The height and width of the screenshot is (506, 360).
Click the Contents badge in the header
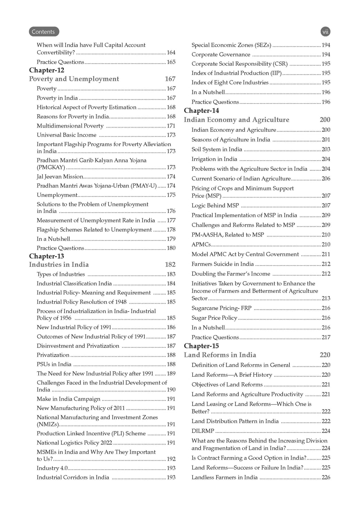[x=44, y=32]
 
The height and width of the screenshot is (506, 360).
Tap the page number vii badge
[x=326, y=32]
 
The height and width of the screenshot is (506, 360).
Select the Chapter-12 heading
[x=47, y=70]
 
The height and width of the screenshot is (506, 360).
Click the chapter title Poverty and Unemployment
[x=74, y=79]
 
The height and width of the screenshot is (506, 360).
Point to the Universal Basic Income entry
[x=66, y=135]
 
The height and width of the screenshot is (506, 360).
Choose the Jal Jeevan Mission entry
[x=60, y=177]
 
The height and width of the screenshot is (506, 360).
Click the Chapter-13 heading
[x=47, y=256]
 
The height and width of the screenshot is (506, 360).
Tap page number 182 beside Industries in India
[x=170, y=265]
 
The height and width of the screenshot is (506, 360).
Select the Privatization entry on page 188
[x=53, y=355]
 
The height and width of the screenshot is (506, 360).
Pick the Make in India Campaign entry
[x=69, y=399]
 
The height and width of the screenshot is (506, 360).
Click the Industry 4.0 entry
[x=52, y=468]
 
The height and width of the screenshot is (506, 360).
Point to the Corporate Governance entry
[x=221, y=54]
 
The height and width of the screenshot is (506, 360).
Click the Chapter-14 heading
[x=201, y=111]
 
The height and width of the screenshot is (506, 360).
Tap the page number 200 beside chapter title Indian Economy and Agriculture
[x=325, y=120]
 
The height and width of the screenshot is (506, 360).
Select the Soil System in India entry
[x=217, y=149]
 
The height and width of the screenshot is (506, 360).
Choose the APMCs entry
[x=201, y=245]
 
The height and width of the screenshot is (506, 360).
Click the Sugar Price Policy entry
[x=214, y=318]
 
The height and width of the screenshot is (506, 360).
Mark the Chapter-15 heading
[x=201, y=346]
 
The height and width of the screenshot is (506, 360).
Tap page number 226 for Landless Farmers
[x=326, y=478]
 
